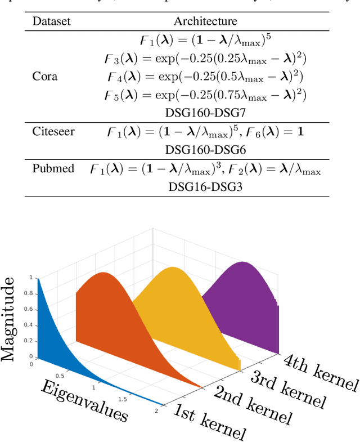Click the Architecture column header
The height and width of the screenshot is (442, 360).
205,21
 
